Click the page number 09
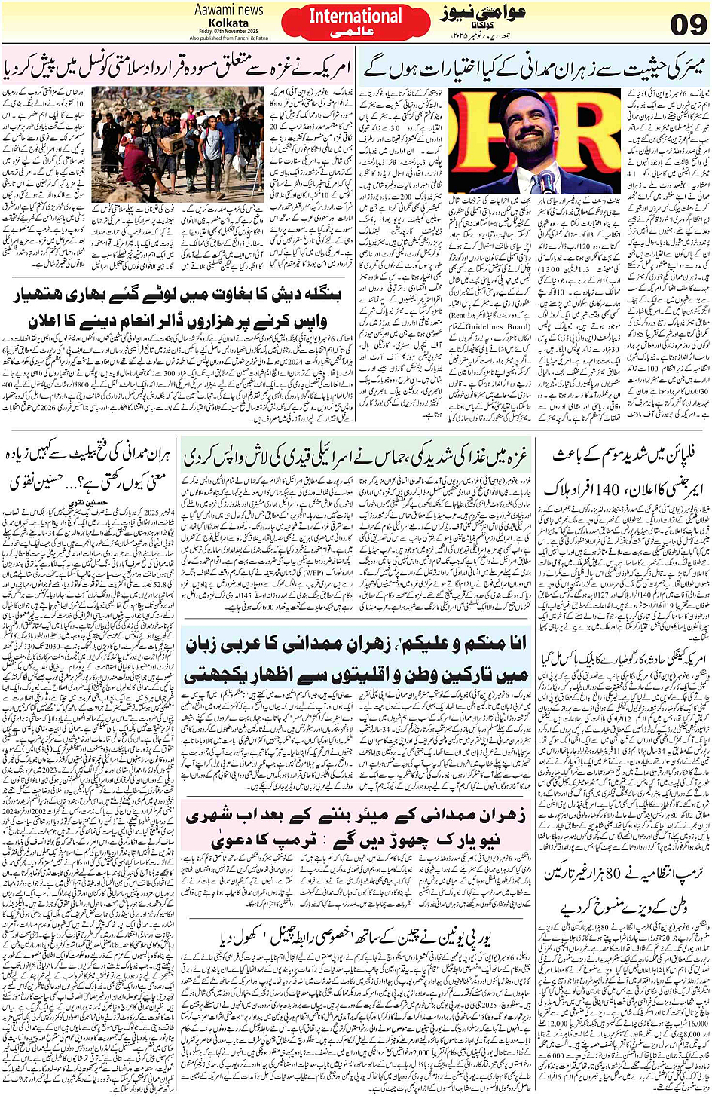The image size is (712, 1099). [x=688, y=25]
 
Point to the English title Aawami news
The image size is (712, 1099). [x=228, y=10]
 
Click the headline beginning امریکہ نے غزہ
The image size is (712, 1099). [x=176, y=69]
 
